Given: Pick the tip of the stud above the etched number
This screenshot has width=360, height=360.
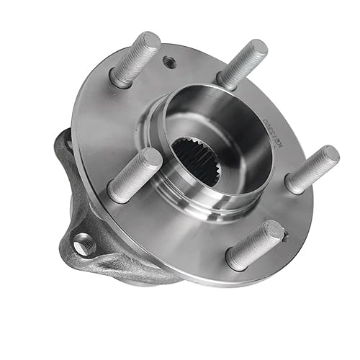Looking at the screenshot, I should click(258, 50).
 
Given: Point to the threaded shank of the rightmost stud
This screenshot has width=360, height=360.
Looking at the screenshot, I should click(312, 170).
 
